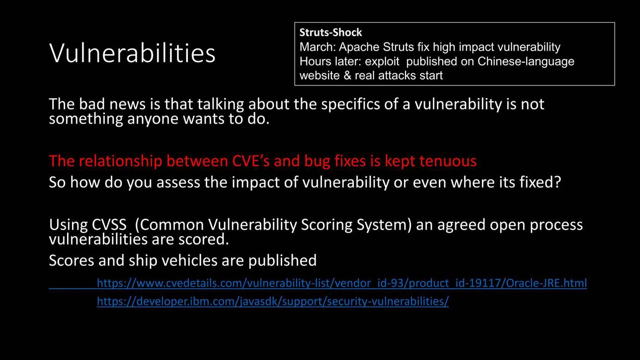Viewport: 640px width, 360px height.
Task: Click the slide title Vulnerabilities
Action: pos(132,53)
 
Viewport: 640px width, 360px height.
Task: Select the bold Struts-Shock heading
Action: pos(330,33)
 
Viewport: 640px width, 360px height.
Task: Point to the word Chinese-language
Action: pos(526,62)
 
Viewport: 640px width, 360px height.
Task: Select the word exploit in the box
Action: pos(382,62)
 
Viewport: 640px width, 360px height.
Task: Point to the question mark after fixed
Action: pos(558,182)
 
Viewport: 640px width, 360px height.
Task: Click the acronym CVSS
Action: pos(109,224)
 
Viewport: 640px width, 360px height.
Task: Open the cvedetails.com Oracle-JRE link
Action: pos(342,283)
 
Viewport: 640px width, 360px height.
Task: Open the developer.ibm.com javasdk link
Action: pos(273,301)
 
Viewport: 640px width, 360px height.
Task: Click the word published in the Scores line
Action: pos(282,261)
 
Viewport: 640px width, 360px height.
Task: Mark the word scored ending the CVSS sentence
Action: pos(204,239)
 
